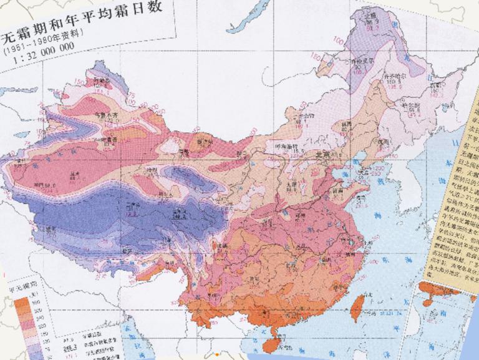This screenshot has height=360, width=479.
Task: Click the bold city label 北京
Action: click(x=322, y=154)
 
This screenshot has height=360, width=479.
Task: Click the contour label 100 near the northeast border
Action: click(x=341, y=41)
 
